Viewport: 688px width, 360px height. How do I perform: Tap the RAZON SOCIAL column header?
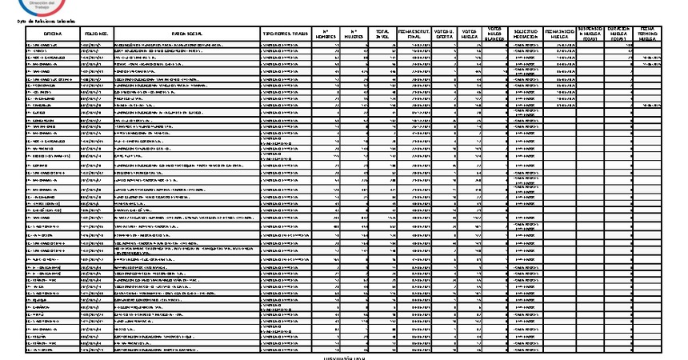(187, 33)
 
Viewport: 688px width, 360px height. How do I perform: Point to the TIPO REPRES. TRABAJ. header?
(286, 33)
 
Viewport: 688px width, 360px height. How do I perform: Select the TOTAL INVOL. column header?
(382, 33)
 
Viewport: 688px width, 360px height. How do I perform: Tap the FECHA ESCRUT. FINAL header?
(415, 33)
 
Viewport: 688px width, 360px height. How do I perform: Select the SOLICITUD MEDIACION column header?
(526, 33)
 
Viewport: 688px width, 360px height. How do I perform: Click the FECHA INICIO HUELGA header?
(560, 33)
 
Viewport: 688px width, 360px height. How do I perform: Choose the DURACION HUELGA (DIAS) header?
(619, 33)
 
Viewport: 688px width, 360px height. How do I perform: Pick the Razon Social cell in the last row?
(187, 350)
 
